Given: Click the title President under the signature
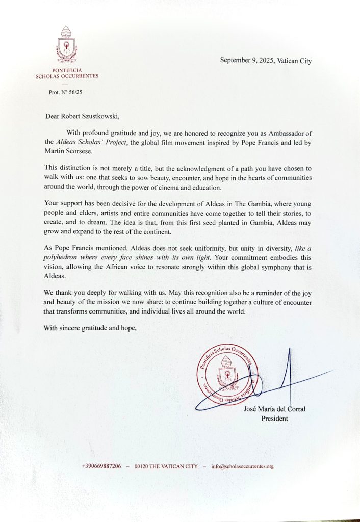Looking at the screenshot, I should (275, 419).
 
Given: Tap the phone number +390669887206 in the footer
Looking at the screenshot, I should (101, 466).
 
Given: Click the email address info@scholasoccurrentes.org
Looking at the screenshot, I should (242, 466).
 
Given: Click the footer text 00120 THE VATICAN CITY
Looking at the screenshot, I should (166, 466).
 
